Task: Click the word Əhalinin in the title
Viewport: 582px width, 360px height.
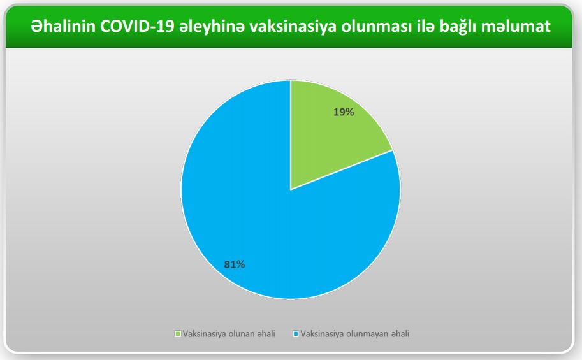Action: click(63, 26)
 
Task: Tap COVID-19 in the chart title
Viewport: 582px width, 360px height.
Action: click(137, 26)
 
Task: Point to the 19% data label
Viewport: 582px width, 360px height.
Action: click(344, 112)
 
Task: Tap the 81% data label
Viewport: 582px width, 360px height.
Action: click(234, 264)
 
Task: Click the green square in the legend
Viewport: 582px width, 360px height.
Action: click(178, 334)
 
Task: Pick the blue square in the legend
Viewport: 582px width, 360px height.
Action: click(296, 334)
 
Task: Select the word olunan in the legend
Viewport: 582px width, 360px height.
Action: click(241, 334)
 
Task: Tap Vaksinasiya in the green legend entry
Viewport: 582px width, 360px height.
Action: click(205, 335)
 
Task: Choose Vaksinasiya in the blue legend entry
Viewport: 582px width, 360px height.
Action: click(323, 335)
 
